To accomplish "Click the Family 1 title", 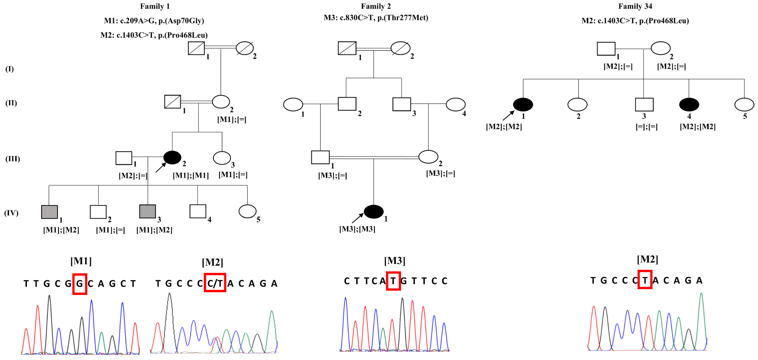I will pyautogui.click(x=155, y=6).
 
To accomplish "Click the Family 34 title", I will pyautogui.click(x=635, y=6).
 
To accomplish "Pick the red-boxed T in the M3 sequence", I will pyautogui.click(x=393, y=281).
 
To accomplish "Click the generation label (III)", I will pyautogui.click(x=13, y=159).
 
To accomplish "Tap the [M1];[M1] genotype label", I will pyautogui.click(x=191, y=176).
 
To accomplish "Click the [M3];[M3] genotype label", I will pyautogui.click(x=357, y=229).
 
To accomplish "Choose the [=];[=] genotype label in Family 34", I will pyautogui.click(x=647, y=127).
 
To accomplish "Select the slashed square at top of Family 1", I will pyautogui.click(x=196, y=48).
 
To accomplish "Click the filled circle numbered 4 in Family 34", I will pyautogui.click(x=689, y=104).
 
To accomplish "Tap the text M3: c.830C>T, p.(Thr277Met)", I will pyautogui.click(x=376, y=18).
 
